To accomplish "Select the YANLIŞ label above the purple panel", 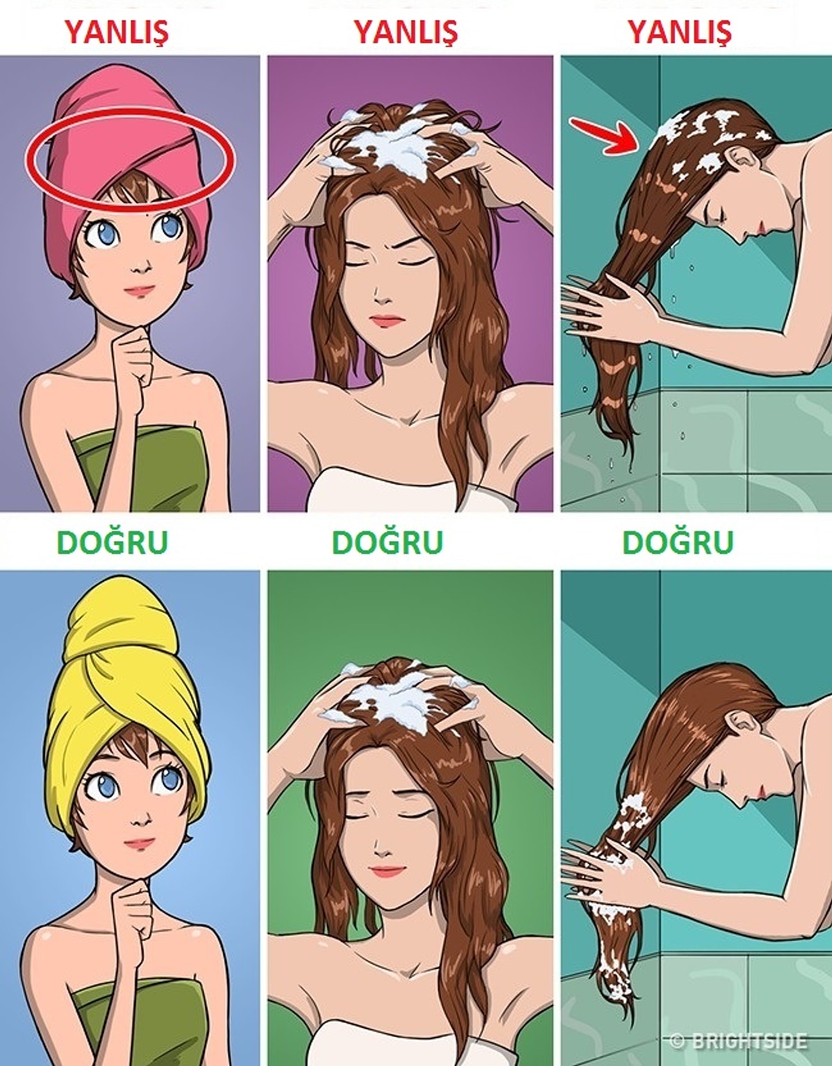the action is [x=406, y=33].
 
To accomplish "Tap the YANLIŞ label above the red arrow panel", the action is [x=679, y=33].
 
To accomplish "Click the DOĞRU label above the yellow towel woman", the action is [x=113, y=542].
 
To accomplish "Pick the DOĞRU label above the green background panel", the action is [x=388, y=542].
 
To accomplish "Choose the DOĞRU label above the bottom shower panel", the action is [x=678, y=542].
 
